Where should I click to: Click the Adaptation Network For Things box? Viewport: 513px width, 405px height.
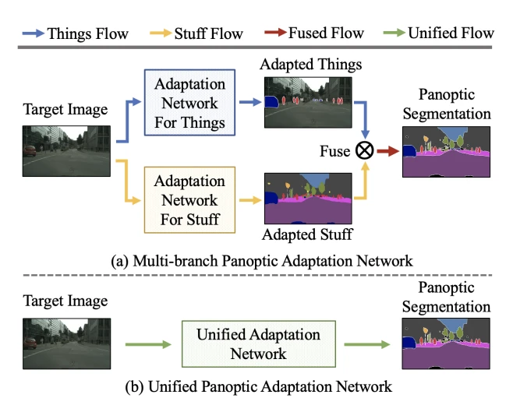click(189, 103)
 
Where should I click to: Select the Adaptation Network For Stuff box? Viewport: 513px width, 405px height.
click(189, 199)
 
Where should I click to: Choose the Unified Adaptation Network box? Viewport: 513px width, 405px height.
click(258, 343)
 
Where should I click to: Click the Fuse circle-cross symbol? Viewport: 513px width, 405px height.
click(365, 150)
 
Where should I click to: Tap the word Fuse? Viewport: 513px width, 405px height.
click(335, 151)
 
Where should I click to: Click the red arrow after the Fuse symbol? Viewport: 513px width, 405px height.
click(387, 151)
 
